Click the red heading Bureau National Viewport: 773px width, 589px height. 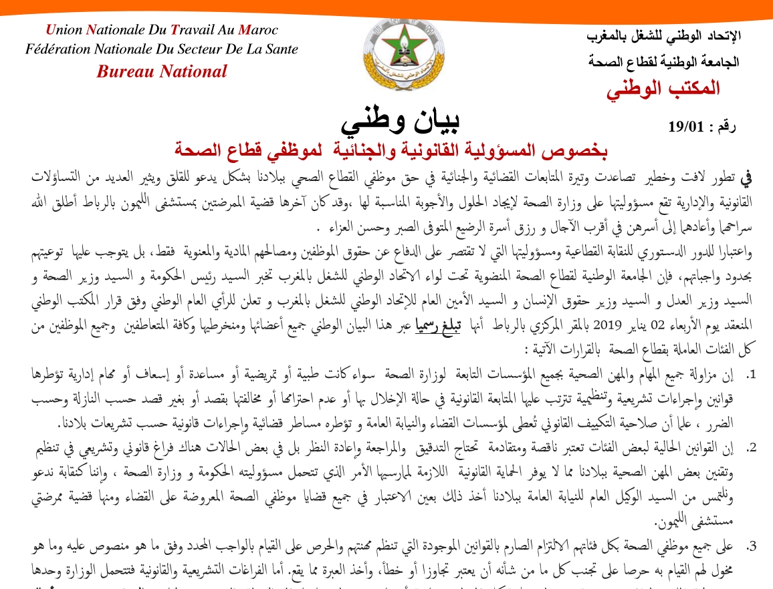162,71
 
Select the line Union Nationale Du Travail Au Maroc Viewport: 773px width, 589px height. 162,30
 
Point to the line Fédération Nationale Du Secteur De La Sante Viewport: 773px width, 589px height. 162,49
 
